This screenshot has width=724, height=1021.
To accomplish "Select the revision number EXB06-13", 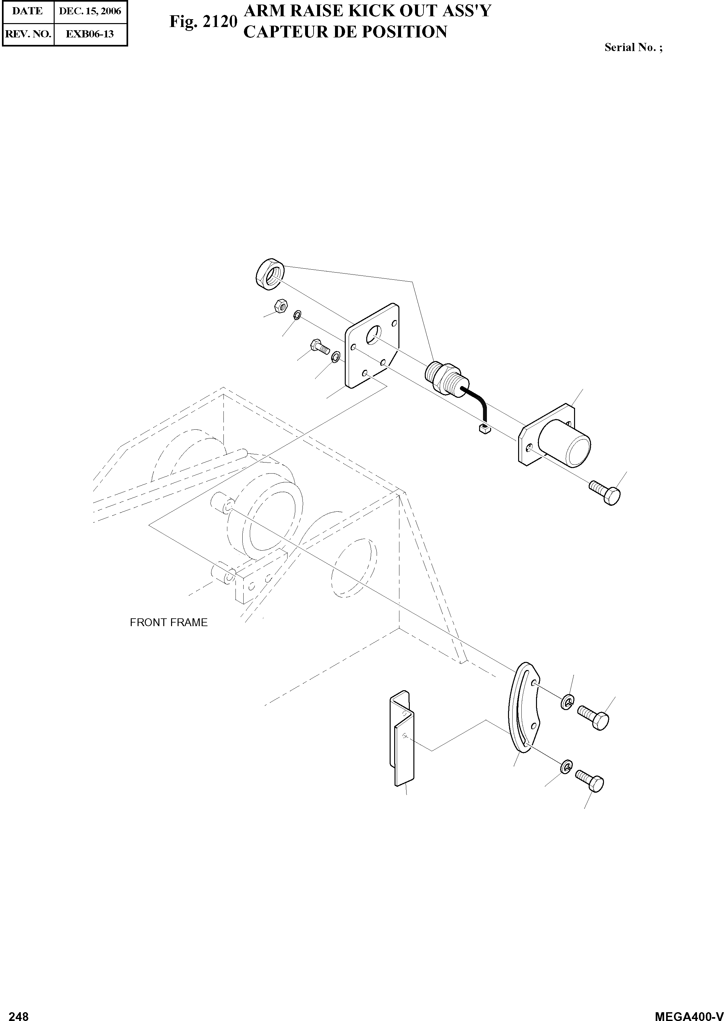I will tap(90, 34).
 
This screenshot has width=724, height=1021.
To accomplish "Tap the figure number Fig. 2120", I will tap(203, 21).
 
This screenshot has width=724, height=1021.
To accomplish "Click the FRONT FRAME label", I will tap(168, 623).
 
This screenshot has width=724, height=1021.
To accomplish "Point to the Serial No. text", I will tap(633, 48).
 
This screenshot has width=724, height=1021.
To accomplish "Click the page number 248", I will tap(19, 1013).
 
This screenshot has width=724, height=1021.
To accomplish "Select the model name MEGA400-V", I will tap(688, 1013).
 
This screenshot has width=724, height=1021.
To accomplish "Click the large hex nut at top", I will tap(270, 275).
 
